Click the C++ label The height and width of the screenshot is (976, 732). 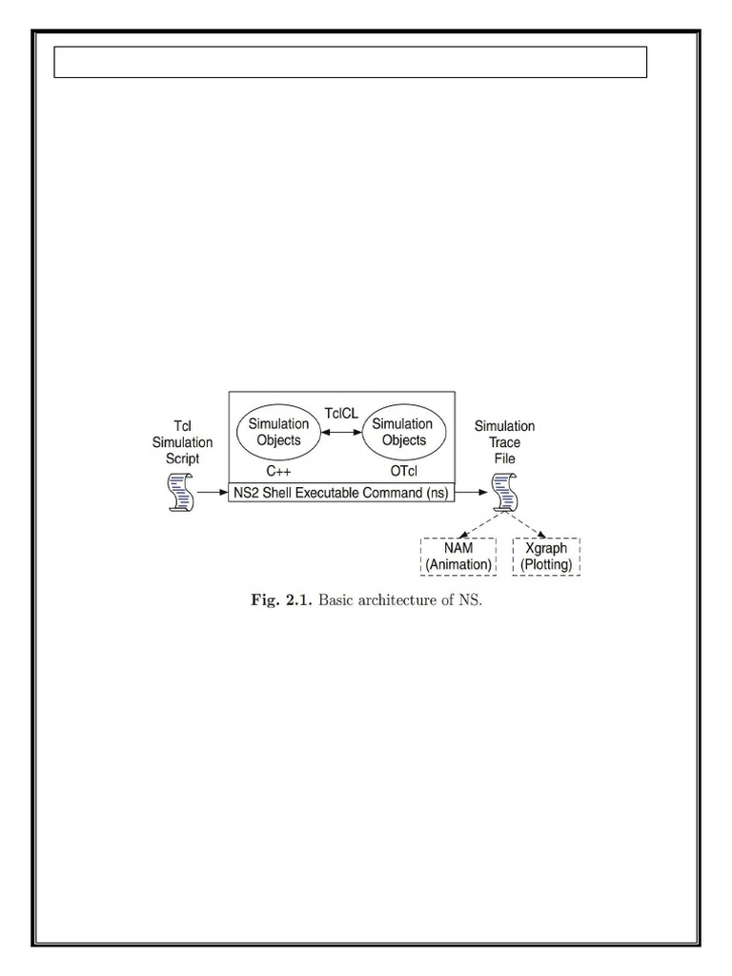(278, 470)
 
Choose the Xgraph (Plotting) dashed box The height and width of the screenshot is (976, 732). (547, 557)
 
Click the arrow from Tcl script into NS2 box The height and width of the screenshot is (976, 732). (212, 494)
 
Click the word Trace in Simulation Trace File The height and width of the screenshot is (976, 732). (505, 441)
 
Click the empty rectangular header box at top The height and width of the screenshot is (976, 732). (350, 62)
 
